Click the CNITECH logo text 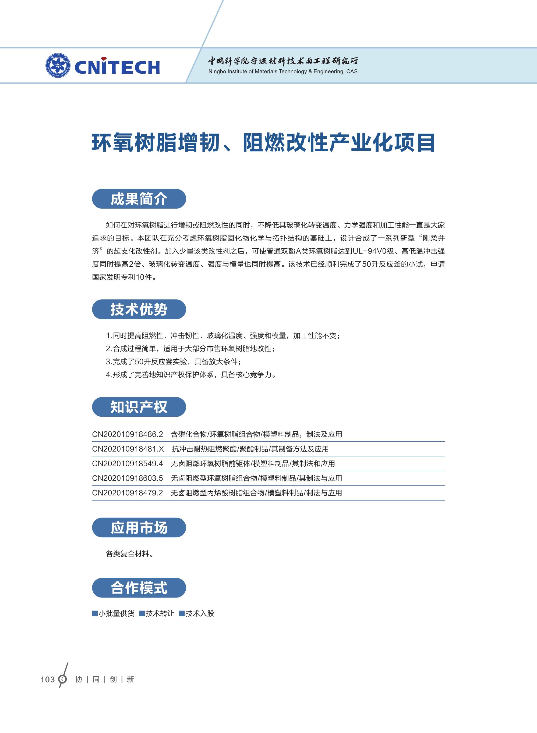117,67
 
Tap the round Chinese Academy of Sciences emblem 58,66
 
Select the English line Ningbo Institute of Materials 282,71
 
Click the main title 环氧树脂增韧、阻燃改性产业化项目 263,143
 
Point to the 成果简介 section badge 139,199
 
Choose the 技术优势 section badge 139,309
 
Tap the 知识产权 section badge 139,407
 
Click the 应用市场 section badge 139,527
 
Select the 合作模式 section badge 139,588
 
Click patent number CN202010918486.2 128,434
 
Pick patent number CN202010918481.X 128,449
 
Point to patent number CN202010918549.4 128,463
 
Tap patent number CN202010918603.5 128,478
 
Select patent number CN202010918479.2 128,493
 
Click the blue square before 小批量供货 95,613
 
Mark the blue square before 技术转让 142,613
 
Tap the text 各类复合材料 129,554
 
